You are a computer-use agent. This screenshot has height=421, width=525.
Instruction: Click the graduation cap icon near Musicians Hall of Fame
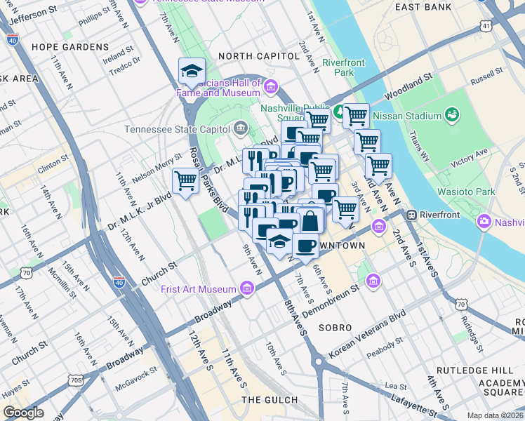tap(192, 71)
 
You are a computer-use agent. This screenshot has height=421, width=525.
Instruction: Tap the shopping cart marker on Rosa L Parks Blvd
tap(186, 181)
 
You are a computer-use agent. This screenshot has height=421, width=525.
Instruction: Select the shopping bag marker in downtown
tap(310, 221)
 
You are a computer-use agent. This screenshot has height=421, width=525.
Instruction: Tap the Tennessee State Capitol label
tap(177, 129)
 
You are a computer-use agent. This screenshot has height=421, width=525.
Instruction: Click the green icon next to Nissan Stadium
tap(452, 115)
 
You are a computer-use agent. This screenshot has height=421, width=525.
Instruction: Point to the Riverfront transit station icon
tap(413, 215)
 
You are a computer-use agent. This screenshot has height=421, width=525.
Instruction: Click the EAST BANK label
tap(423, 7)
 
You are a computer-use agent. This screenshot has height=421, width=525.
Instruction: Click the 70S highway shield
tap(76, 380)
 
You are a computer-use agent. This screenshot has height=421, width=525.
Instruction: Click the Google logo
tap(24, 413)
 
